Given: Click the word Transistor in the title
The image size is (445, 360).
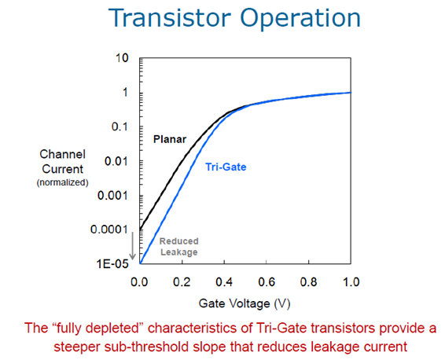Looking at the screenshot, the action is click(169, 18).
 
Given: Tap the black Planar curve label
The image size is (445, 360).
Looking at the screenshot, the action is click(170, 139).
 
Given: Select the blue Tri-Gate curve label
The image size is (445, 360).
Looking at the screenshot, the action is click(226, 167).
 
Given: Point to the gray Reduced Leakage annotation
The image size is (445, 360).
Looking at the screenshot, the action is click(178, 247).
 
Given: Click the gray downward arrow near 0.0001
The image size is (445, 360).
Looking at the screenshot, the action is click(133, 246).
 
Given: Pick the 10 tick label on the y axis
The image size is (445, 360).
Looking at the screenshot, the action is click(122, 58).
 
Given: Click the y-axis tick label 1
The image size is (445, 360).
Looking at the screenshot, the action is click(125, 93).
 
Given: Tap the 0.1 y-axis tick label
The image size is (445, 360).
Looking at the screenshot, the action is click(120, 127).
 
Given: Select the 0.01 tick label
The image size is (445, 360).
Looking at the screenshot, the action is click(116, 161).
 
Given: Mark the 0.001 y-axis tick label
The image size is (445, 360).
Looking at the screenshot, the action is click(112, 196).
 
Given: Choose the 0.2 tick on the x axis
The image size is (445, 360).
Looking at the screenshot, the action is click(182, 282).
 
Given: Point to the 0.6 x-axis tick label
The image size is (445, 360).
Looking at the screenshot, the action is click(267, 282).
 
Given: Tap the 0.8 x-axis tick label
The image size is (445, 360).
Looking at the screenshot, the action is click(309, 282).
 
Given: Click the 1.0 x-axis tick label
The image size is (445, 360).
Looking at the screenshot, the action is click(351, 282).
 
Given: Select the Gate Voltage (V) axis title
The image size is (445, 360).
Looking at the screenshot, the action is click(245, 304).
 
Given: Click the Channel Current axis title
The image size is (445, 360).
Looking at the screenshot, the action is click(62, 162).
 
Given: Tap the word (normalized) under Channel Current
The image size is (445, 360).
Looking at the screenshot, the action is click(62, 182).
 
